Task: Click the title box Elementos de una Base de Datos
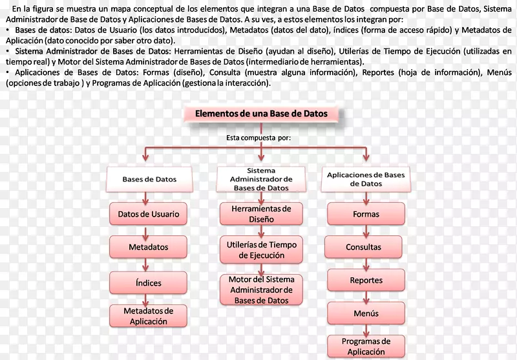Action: coord(262,114)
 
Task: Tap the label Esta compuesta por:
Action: coord(258,138)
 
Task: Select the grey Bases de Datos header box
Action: coord(149,179)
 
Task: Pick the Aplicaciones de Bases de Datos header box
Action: coord(366,179)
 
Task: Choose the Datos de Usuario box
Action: coord(148,214)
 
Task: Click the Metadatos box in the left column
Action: coord(148,247)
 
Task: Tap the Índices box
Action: coord(148,282)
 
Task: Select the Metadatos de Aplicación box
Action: coord(148,316)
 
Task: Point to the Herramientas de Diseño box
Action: coord(261,214)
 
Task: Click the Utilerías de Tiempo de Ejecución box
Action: coord(261,249)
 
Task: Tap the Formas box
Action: coord(366,214)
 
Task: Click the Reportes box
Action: coord(366,281)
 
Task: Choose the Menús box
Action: coord(366,313)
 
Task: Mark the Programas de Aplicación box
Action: coord(366,346)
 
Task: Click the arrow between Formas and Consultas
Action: coord(366,231)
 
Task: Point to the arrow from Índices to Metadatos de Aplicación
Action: coord(148,299)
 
